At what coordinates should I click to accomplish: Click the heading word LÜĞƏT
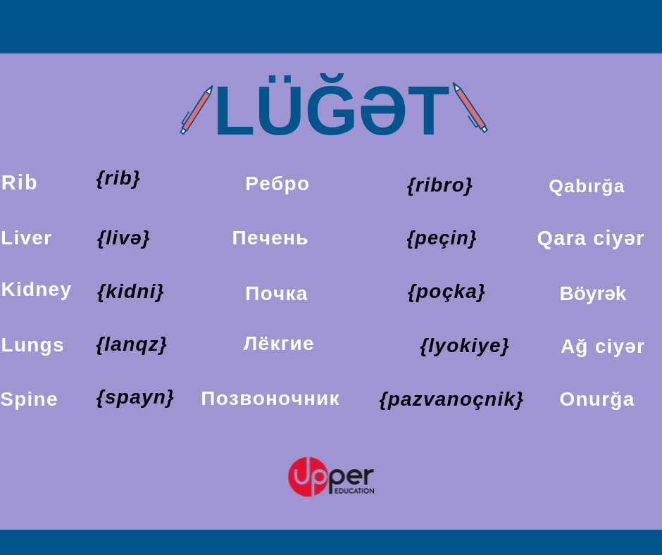(332, 105)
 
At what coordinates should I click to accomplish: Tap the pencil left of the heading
(196, 110)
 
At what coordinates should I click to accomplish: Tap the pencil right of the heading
(470, 108)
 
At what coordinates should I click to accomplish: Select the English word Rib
(19, 182)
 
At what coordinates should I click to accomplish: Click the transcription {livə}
(123, 238)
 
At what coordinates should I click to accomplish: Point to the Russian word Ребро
(277, 184)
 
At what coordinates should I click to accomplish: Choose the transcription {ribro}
(439, 185)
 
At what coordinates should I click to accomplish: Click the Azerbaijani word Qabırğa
(587, 186)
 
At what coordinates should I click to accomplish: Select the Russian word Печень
(270, 238)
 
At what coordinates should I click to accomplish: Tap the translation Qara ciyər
(590, 239)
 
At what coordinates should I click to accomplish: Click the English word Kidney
(37, 289)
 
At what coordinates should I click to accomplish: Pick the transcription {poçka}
(446, 292)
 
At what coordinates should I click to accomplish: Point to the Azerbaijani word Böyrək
(593, 294)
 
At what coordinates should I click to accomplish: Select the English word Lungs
(32, 345)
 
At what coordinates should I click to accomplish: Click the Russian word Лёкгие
(279, 344)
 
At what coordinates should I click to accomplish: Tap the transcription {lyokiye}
(464, 346)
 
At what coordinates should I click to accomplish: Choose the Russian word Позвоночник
(270, 399)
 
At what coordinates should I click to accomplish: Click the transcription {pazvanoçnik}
(451, 399)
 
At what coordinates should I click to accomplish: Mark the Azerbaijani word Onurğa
(597, 399)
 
